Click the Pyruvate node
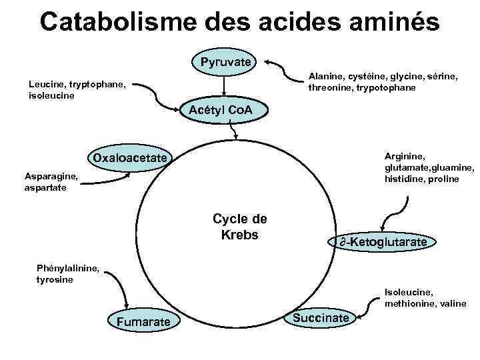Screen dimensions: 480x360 tap(225, 62)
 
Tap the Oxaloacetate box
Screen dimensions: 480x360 tap(131, 158)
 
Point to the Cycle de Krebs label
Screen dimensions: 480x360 tap(239, 227)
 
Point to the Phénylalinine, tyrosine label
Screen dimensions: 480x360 tap(68, 274)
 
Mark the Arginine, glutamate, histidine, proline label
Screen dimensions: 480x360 tap(429, 167)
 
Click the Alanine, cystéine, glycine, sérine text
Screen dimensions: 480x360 tap(382, 82)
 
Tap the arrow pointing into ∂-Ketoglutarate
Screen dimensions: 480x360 tap(389, 217)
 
